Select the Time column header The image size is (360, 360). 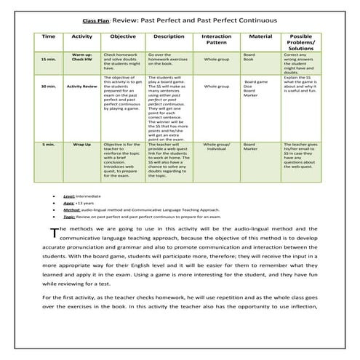(x=48, y=36)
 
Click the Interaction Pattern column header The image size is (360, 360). (x=216, y=39)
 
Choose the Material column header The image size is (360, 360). (x=260, y=36)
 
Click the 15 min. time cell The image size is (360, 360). (x=48, y=60)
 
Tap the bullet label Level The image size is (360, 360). (x=69, y=196)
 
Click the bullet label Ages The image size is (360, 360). (x=69, y=203)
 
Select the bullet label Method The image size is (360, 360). (x=71, y=209)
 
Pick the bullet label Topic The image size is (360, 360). (x=69, y=217)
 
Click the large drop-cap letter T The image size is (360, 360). (x=53, y=233)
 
